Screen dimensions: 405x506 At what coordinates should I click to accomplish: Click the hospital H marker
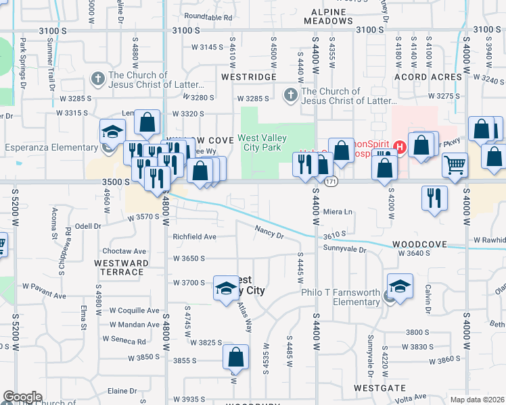click(x=400, y=146)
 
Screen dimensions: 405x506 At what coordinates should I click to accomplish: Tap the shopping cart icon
click(x=455, y=164)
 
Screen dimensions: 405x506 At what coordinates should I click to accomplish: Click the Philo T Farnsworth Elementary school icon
click(x=400, y=285)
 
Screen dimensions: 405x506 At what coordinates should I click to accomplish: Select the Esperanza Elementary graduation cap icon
click(x=113, y=131)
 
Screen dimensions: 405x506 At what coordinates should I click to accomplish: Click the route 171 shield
click(x=331, y=182)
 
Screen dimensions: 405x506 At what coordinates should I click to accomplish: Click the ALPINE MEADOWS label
click(x=328, y=17)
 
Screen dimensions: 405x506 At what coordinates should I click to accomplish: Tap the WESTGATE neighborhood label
click(x=379, y=389)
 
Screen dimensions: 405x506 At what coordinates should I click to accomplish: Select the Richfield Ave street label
click(x=194, y=237)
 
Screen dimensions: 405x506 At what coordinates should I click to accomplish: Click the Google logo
click(x=22, y=397)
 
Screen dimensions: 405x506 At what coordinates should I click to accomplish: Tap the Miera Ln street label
click(x=338, y=212)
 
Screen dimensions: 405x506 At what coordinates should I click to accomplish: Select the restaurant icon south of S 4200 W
click(x=434, y=197)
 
